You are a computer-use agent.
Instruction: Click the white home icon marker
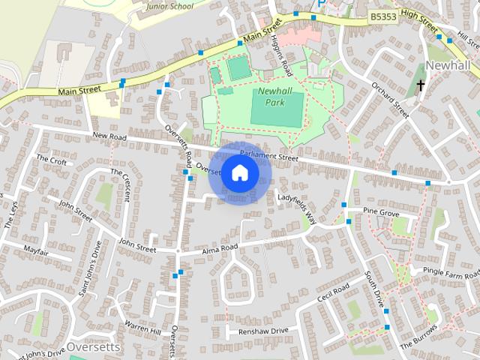[x=239, y=173]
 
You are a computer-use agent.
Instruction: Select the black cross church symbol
[x=421, y=85]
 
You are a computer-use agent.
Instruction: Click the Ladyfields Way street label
[x=297, y=208]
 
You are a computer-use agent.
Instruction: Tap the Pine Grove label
[x=381, y=213]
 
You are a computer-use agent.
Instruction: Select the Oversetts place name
[x=93, y=347]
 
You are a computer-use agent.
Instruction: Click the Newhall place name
[x=447, y=64]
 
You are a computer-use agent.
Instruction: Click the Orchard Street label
[x=391, y=99]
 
